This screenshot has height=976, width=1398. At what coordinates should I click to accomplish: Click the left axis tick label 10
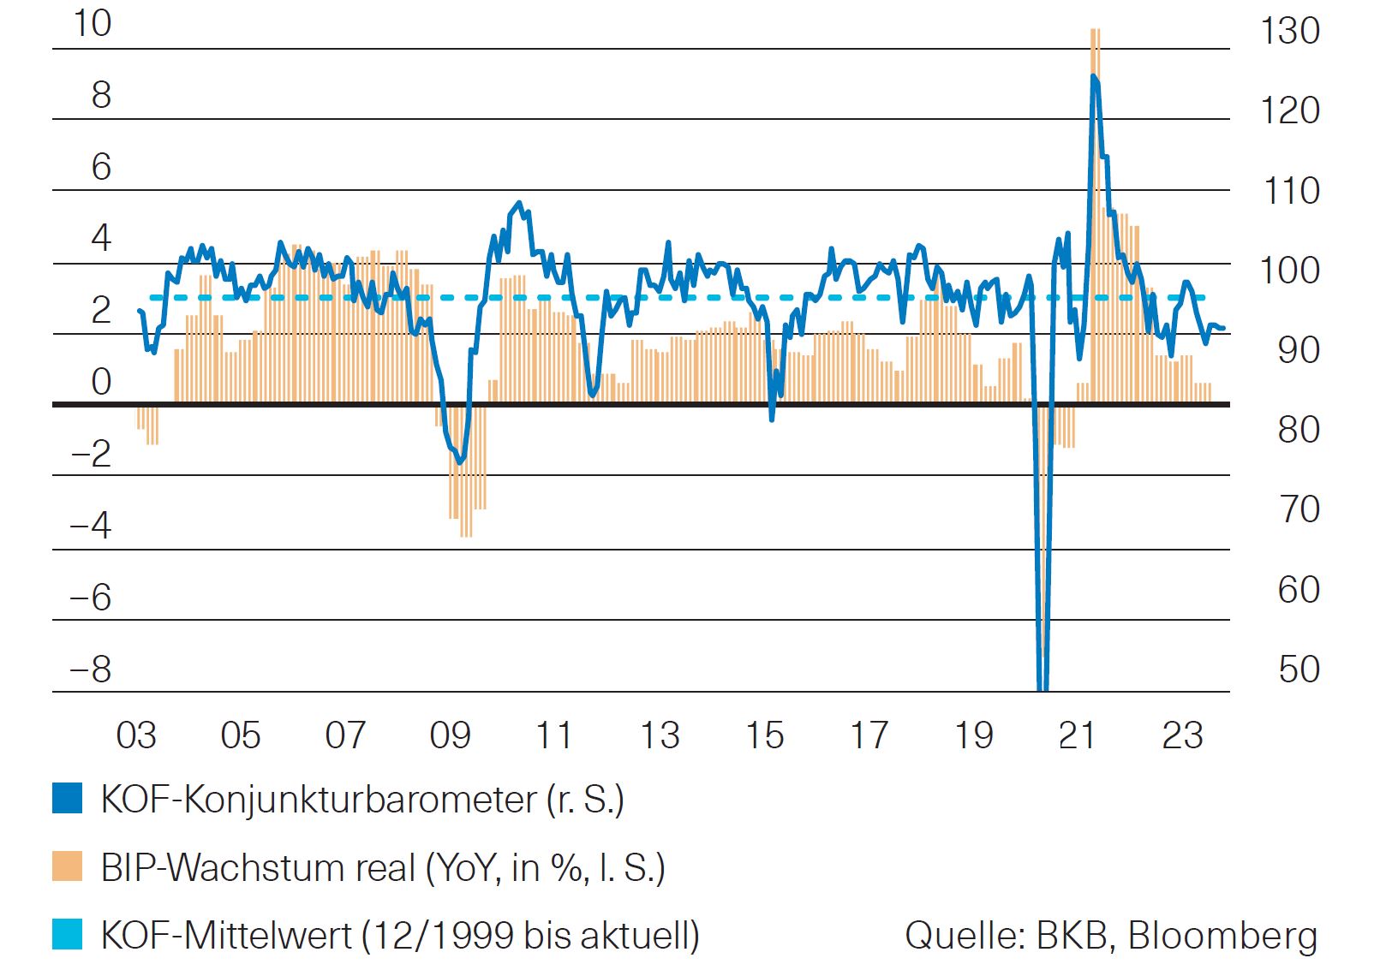click(x=92, y=23)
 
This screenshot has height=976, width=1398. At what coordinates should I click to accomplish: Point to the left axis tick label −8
click(x=91, y=669)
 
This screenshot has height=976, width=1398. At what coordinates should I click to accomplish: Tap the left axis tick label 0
click(x=101, y=382)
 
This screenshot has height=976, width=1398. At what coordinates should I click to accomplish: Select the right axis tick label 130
click(x=1289, y=31)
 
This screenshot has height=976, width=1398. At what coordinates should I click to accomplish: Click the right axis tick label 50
click(x=1299, y=669)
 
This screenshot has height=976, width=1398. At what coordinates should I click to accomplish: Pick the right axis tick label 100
click(x=1289, y=271)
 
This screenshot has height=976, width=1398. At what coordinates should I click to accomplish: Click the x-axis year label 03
click(x=136, y=735)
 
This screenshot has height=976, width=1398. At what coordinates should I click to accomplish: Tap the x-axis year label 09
click(x=450, y=735)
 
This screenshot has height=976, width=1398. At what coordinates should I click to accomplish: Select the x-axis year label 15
click(x=764, y=735)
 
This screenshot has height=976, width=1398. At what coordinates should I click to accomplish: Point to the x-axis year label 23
click(x=1182, y=735)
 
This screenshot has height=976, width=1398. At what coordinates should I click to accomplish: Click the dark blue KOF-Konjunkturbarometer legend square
click(x=68, y=798)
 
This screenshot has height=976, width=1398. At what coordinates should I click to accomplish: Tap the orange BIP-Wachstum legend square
click(x=68, y=866)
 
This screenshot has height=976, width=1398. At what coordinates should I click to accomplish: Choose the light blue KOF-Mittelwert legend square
click(x=68, y=934)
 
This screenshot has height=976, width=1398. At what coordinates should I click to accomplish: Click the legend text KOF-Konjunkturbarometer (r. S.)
click(x=361, y=800)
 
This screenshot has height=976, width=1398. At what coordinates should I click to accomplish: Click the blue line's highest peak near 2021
click(x=1094, y=77)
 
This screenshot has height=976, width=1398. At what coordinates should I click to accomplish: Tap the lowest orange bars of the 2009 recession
click(x=466, y=534)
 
